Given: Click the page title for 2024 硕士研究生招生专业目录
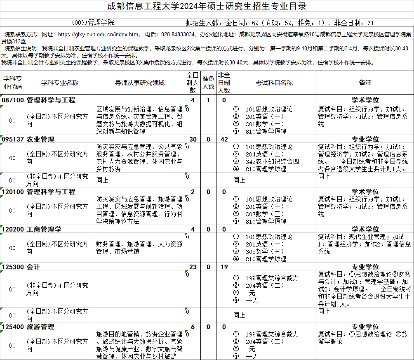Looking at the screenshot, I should click(x=207, y=6).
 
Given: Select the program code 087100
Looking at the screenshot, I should click(x=12, y=100).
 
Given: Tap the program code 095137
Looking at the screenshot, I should click(x=12, y=140).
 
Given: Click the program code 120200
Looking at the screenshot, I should click(x=12, y=229).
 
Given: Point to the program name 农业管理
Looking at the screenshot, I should click(x=40, y=140).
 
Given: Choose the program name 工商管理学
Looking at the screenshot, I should click(x=44, y=229).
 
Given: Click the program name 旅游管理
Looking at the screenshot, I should click(x=40, y=327).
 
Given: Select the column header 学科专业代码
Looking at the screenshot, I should click(x=12, y=83).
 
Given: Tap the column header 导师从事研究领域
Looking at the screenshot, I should click(x=140, y=83).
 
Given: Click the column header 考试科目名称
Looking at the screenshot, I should click(x=274, y=83).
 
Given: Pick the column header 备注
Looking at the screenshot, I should click(x=365, y=83).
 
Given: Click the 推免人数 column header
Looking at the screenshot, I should click(x=208, y=83).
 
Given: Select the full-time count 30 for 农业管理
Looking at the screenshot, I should click(x=193, y=140).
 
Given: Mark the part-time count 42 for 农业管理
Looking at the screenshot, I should click(x=224, y=140).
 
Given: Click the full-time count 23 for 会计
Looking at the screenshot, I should click(x=193, y=267).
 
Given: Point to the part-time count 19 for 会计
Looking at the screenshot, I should click(x=224, y=267).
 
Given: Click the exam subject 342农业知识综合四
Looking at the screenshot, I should click(x=272, y=162).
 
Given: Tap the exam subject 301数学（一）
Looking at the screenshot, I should click(x=264, y=124).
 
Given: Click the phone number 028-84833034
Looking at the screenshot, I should click(x=178, y=34).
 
